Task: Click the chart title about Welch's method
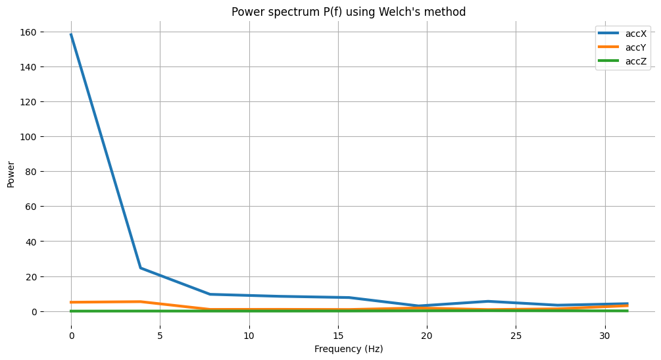(x=349, y=12)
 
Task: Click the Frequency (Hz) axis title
(x=349, y=349)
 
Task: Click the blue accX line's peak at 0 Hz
(x=71, y=34)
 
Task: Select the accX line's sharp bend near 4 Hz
(x=141, y=268)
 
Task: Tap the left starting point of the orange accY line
(x=71, y=302)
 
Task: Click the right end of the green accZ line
(x=627, y=311)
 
